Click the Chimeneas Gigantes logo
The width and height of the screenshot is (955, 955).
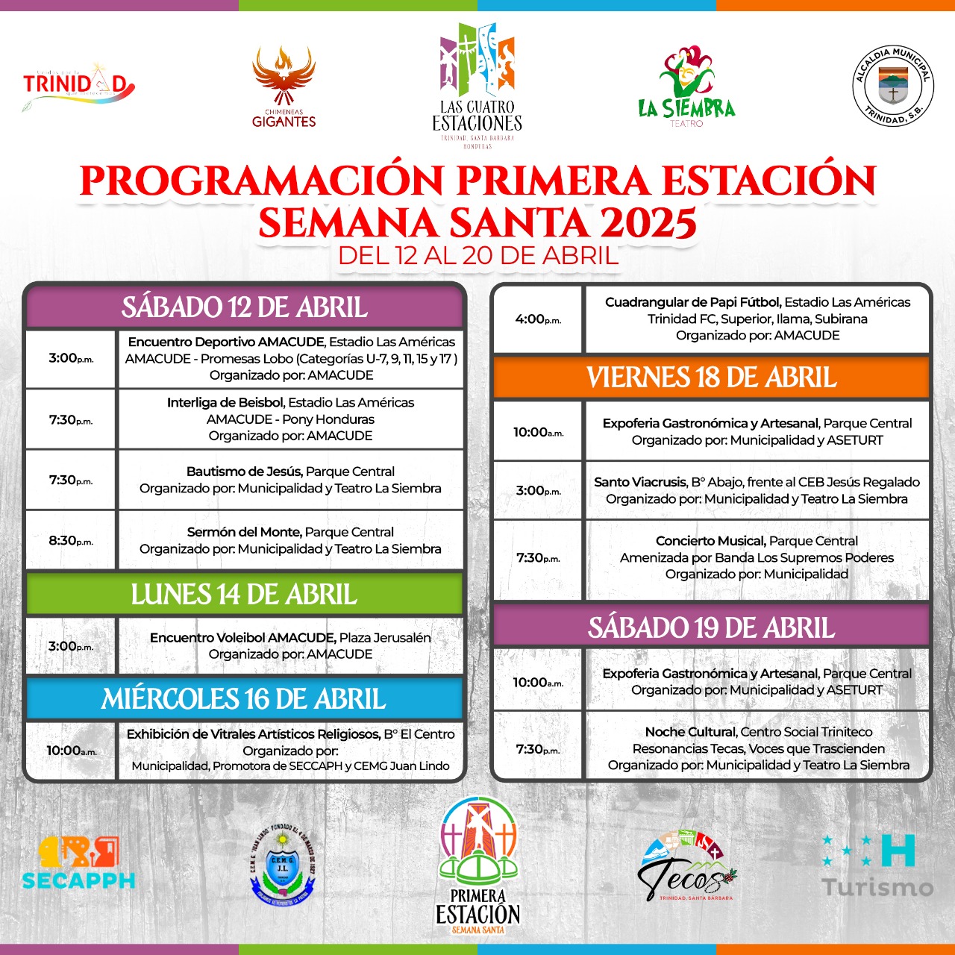pyautogui.click(x=284, y=88)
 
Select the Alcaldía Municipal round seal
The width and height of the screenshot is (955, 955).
pyautogui.click(x=893, y=86)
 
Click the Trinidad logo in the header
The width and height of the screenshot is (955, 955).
pyautogui.click(x=78, y=85)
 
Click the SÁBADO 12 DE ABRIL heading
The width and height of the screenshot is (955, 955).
pyautogui.click(x=245, y=307)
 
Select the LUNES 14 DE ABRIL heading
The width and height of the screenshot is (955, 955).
pyautogui.click(x=244, y=595)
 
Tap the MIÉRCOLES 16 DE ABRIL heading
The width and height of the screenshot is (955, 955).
pyautogui.click(x=244, y=699)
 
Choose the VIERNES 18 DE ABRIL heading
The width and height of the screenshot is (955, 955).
pyautogui.click(x=711, y=378)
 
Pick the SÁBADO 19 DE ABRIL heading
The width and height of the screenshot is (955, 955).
pyautogui.click(x=711, y=627)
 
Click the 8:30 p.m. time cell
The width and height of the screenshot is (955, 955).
pyautogui.click(x=71, y=540)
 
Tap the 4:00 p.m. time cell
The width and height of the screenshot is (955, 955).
pyautogui.click(x=538, y=319)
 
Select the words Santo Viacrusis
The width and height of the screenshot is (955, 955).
pyautogui.click(x=639, y=482)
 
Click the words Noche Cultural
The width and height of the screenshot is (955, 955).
pyautogui.click(x=691, y=732)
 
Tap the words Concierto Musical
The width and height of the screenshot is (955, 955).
pyautogui.click(x=710, y=541)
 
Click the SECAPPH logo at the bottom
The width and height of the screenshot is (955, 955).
pyautogui.click(x=78, y=863)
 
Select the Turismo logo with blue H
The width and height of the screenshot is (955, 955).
pyautogui.click(x=877, y=865)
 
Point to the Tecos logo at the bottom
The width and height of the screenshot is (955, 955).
pyautogui.click(x=686, y=867)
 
